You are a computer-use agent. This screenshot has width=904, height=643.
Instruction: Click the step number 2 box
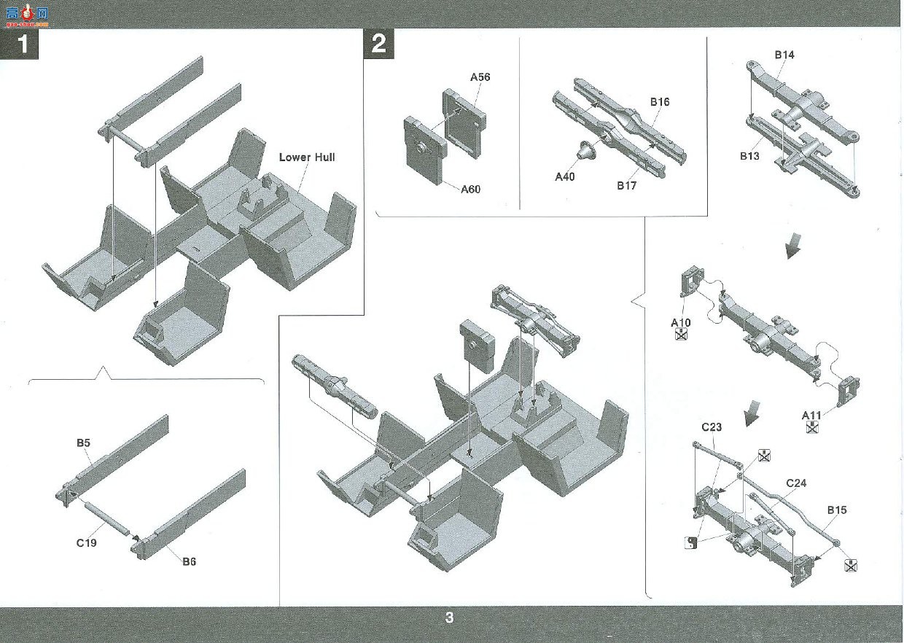378,44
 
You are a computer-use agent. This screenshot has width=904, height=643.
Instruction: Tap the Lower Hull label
307,157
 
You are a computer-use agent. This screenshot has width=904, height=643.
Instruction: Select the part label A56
480,77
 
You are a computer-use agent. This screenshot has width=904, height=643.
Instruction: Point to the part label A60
470,189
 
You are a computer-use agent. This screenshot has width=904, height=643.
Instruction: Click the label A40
564,176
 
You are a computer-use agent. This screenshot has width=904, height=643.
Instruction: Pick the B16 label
660,102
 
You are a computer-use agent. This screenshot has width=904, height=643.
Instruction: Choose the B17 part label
626,185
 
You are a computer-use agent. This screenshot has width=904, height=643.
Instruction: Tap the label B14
784,55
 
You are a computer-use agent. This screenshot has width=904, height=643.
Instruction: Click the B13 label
749,156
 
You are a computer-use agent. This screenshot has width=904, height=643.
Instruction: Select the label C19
86,543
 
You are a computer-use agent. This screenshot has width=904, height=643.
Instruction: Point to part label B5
83,443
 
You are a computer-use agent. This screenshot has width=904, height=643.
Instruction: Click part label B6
189,561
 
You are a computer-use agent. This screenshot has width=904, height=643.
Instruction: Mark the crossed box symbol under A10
681,334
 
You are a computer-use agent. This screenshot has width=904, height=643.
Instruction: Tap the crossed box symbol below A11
812,426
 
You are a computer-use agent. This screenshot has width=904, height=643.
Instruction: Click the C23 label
712,426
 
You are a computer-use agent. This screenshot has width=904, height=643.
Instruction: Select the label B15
837,510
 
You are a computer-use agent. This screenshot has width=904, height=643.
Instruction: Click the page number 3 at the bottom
449,617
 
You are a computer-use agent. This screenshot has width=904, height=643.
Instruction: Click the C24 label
796,483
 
